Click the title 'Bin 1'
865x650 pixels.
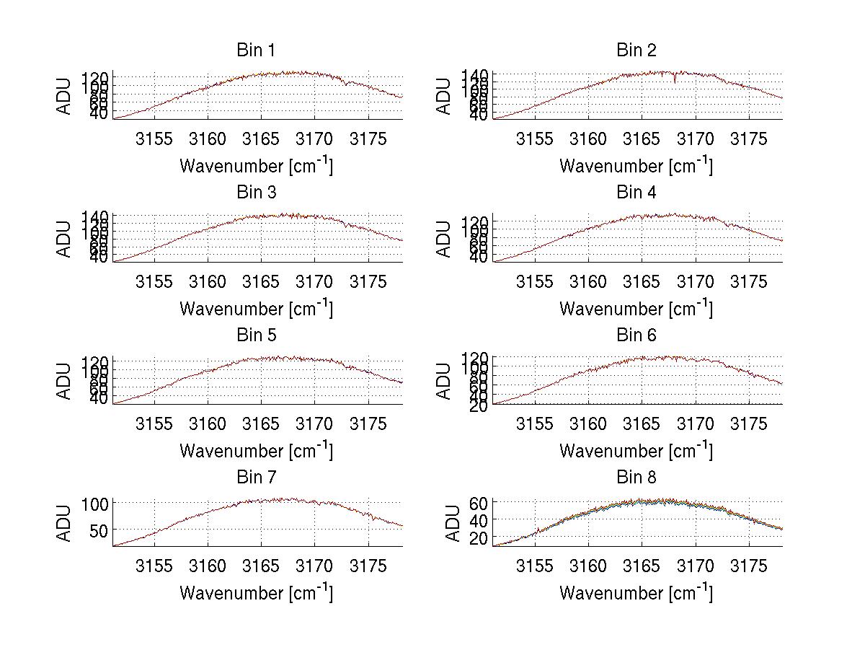point(255,50)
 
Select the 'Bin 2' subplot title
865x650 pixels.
point(636,50)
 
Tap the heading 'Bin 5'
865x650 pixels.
point(255,335)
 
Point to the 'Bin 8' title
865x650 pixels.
point(636,478)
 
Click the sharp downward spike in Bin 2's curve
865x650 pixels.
point(675,80)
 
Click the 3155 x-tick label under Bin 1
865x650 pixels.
point(154,139)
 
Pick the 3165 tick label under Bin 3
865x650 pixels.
point(261,281)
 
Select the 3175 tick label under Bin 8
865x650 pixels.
point(748,566)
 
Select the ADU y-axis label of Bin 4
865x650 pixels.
point(445,240)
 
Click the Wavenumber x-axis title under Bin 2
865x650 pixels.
point(636,166)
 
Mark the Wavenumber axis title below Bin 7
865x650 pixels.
point(255,593)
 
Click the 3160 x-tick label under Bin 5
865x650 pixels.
point(208,423)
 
